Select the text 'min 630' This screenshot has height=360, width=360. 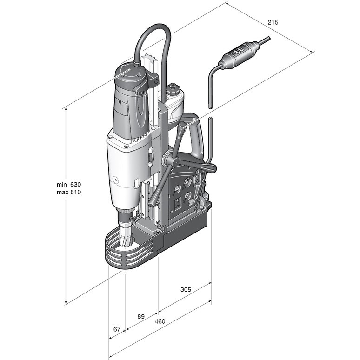coord(69,184)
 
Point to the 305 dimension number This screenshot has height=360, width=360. coord(186,289)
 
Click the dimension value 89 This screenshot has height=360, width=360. coord(141,317)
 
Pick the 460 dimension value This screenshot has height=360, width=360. coord(160,321)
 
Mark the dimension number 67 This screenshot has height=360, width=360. coord(117,329)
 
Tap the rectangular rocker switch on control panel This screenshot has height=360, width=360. coord(178,203)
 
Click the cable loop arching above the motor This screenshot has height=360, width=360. coord(153,35)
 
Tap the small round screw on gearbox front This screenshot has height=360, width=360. coord(114,180)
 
